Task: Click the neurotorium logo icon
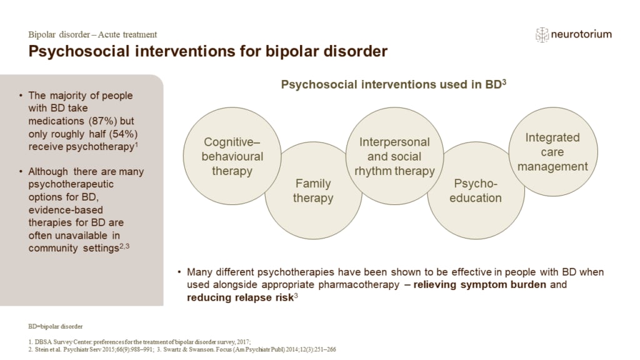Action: pyautogui.click(x=542, y=35)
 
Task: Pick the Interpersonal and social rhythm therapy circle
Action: pyautogui.click(x=394, y=156)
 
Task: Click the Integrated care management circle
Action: pyautogui.click(x=552, y=151)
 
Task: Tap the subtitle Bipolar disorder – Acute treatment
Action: pyautogui.click(x=92, y=34)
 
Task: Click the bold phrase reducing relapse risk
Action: pyautogui.click(x=239, y=297)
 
